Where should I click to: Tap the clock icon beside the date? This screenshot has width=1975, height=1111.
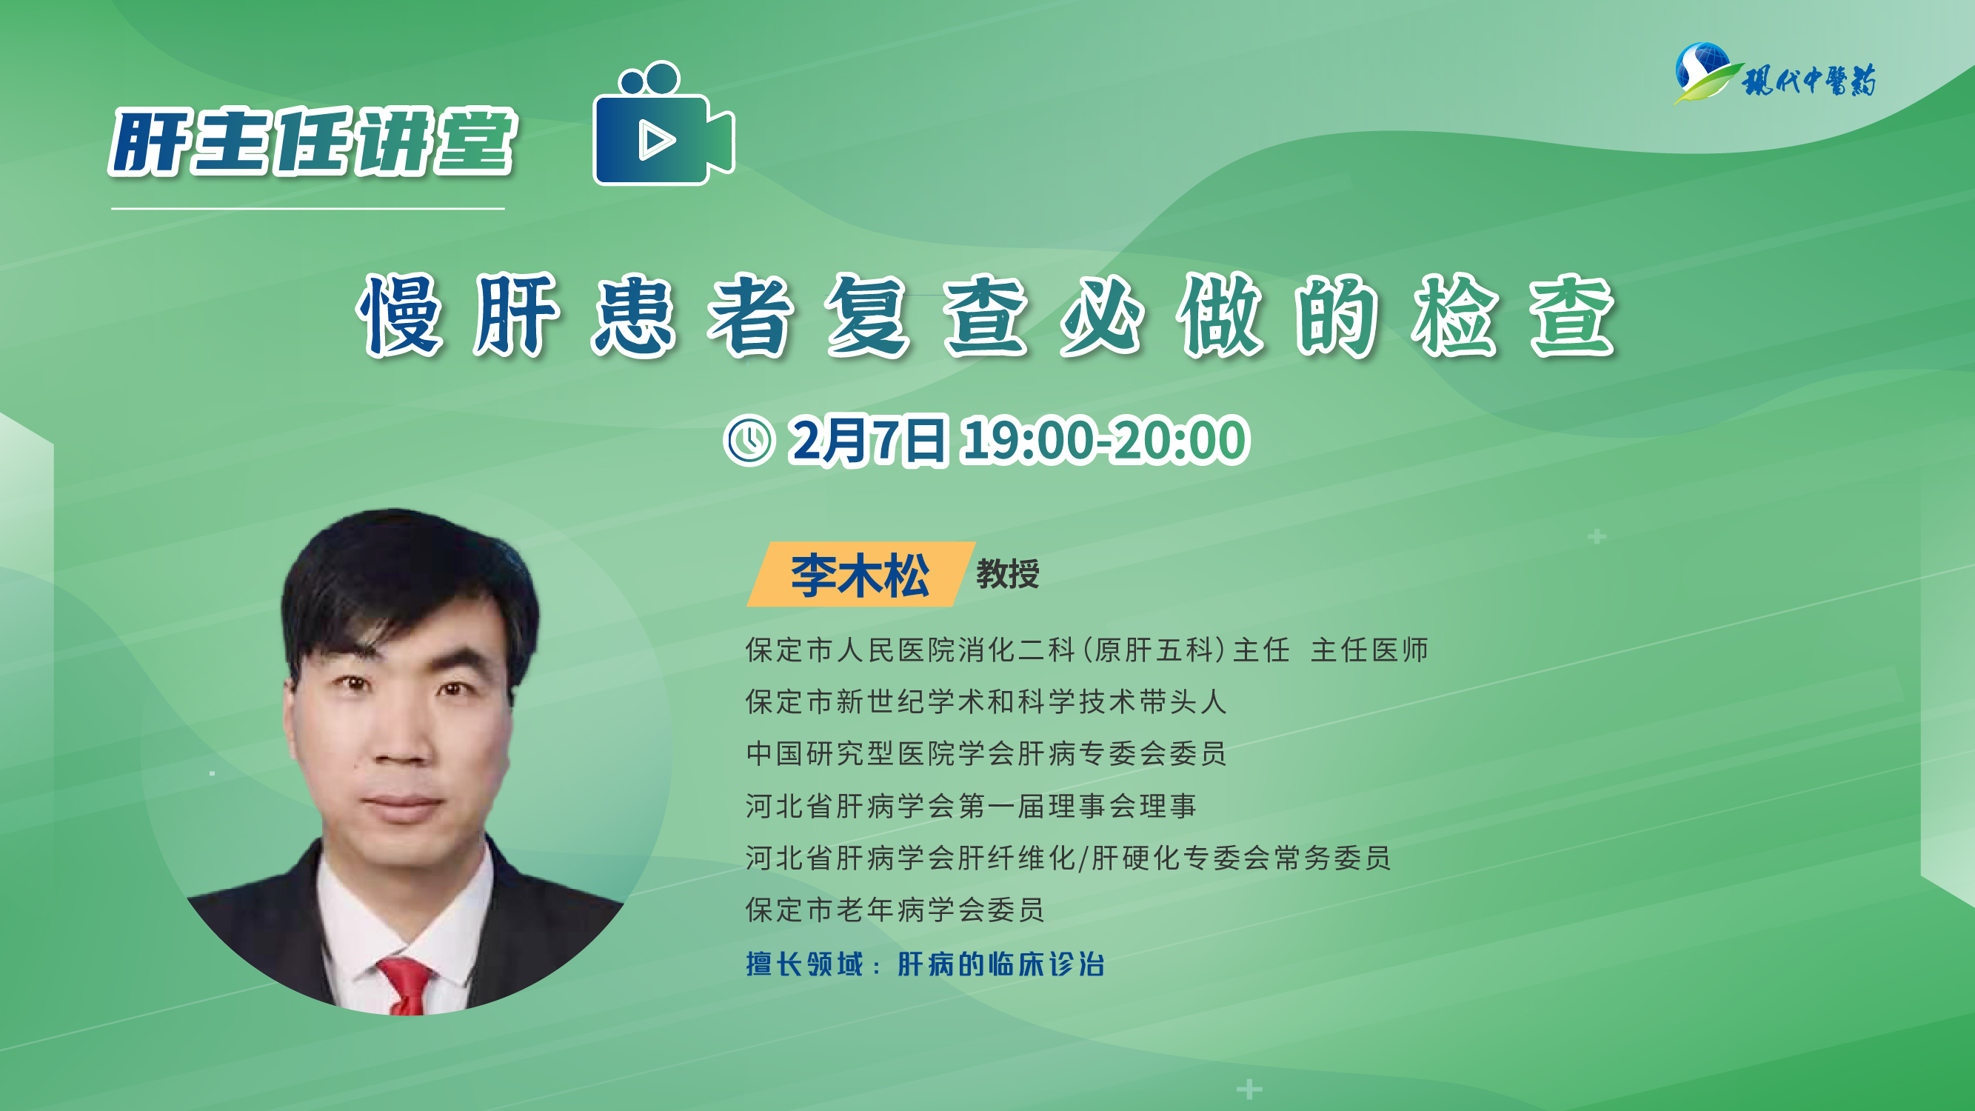[x=749, y=440]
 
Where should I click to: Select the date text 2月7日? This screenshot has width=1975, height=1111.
[x=869, y=440]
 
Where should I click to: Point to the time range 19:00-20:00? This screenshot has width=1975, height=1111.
[x=1106, y=440]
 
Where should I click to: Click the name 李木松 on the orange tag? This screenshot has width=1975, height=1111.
[x=860, y=574]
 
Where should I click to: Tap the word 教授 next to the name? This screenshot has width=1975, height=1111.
[x=1007, y=574]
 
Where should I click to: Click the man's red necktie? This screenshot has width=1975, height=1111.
[x=406, y=986]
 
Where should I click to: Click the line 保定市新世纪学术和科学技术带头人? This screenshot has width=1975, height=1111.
[x=986, y=701]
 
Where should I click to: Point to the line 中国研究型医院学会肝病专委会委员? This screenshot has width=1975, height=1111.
[x=986, y=754]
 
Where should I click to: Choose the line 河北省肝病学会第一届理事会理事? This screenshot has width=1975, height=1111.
[x=971, y=806]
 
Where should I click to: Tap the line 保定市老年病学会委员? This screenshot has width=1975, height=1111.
[x=895, y=910]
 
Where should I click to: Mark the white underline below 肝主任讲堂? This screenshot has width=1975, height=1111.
[x=307, y=209]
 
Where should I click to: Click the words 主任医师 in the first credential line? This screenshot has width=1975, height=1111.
[x=1369, y=650]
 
